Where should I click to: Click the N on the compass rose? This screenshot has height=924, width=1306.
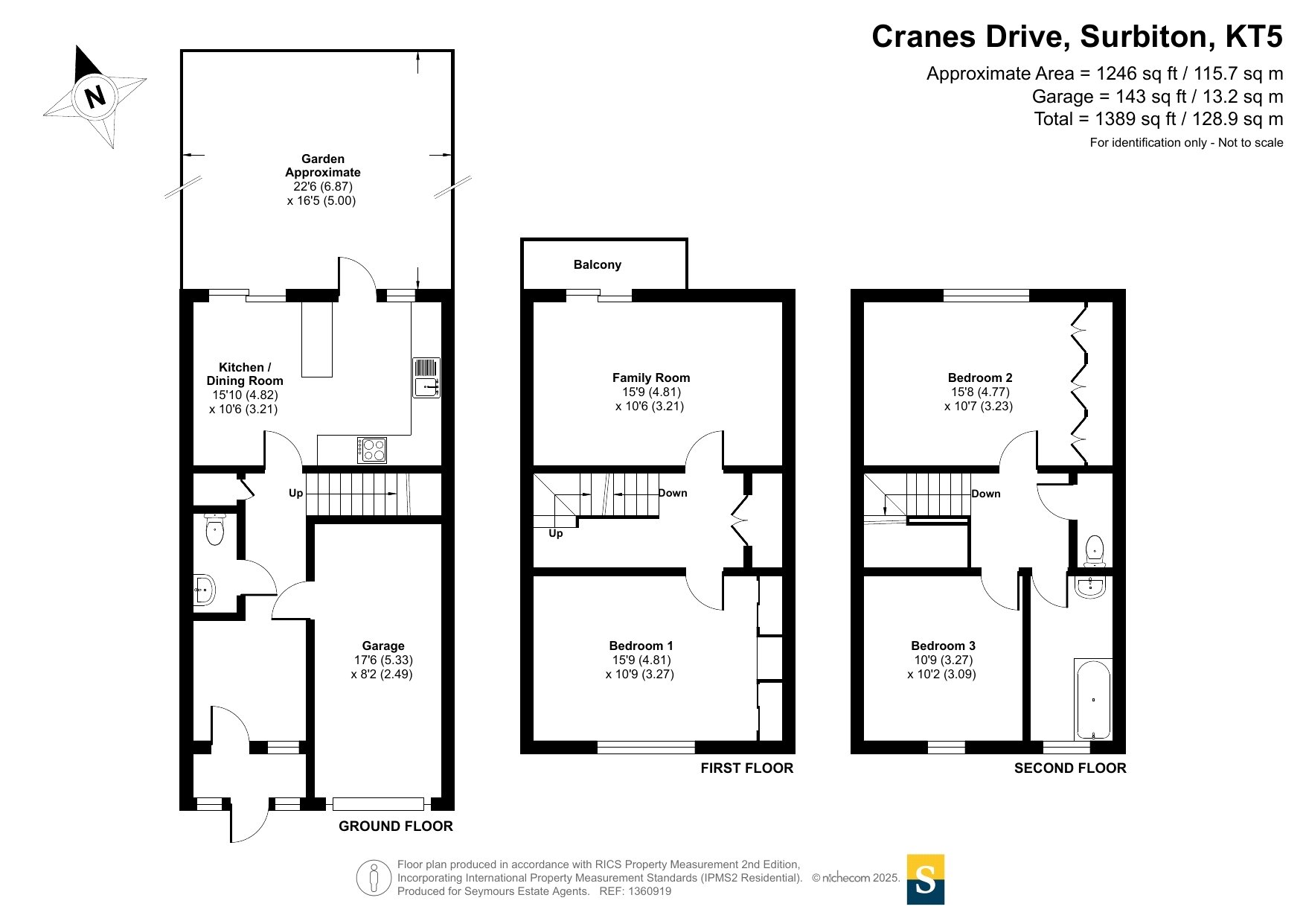pos(95,97)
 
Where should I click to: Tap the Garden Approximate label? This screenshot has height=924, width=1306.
pos(323,165)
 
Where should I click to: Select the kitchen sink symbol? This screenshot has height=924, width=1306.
pos(426,378)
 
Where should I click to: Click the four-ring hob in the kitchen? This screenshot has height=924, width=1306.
pos(372,450)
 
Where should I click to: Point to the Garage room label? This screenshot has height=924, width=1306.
pos(383,646)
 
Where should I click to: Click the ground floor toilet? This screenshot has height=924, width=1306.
pos(215,529)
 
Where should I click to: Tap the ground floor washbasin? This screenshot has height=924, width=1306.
pos(204,590)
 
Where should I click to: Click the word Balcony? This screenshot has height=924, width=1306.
pos(598,264)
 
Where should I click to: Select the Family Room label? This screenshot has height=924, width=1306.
pos(651,377)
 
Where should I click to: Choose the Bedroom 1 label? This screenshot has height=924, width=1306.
pos(641,646)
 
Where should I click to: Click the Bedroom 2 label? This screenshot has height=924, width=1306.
pos(980,377)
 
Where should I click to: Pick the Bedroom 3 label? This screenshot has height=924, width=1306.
pos(943,646)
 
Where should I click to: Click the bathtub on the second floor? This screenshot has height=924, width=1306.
pos(1093,699)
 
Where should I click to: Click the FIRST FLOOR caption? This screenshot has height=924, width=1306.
pos(747,768)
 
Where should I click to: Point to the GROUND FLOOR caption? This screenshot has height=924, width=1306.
pos(396,826)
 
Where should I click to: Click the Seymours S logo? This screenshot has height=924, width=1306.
pos(926,879)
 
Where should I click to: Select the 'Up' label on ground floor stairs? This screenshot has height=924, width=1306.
pos(296,493)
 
